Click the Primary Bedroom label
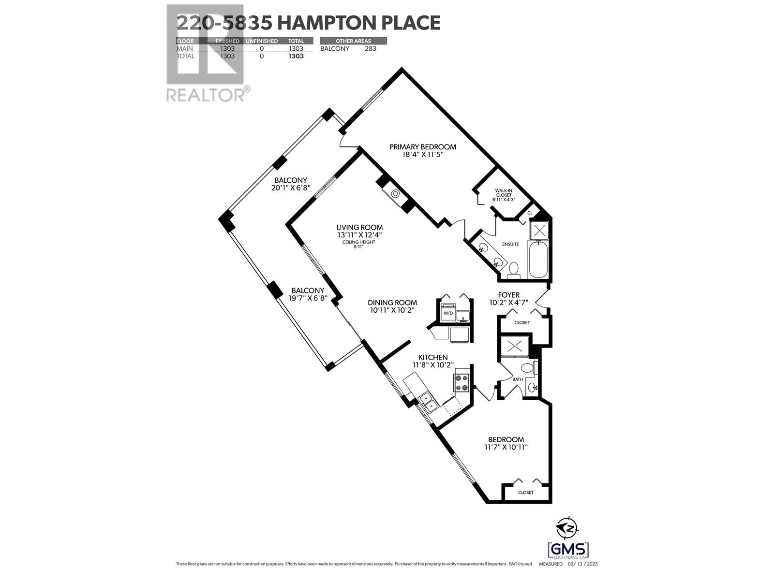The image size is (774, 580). pos(423,147)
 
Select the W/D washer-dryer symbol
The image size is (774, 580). pos(448,313)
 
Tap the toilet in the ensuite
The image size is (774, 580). pos(514,268)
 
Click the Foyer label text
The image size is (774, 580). pos(508,295)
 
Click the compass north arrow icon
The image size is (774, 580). pos(566,528)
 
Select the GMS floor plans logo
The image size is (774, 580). pos(569,550)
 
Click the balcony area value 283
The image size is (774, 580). pos(370,49)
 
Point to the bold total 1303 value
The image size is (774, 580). pos(296,56)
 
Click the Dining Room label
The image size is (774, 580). pos(392,303)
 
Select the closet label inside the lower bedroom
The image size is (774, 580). pos(525,493)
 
